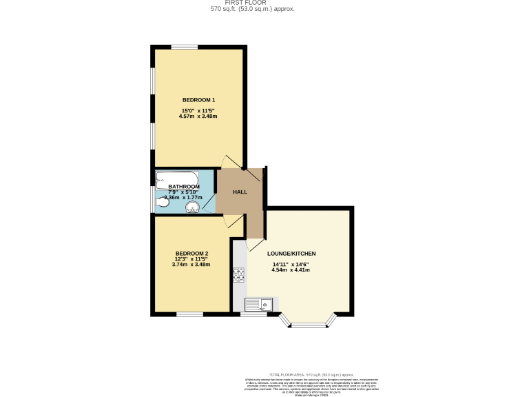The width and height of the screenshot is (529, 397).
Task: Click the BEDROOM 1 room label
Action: (x=198, y=100)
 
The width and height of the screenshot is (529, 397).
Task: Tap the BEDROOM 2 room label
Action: (x=191, y=253)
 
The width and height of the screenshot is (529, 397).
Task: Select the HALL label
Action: (x=240, y=192)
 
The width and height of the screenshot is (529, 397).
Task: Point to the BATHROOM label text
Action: (x=184, y=186)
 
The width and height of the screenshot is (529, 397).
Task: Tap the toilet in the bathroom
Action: (x=163, y=202)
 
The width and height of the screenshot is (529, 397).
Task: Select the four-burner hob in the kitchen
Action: (x=239, y=276)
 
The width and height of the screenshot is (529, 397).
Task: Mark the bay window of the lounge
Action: (x=307, y=320)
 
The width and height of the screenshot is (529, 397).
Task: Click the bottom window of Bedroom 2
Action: (x=189, y=314)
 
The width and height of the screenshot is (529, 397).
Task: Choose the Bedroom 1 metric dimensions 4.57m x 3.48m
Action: (x=198, y=116)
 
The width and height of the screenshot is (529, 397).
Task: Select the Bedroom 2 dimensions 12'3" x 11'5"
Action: (x=191, y=258)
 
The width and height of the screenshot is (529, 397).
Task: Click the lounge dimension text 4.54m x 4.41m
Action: (x=291, y=270)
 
